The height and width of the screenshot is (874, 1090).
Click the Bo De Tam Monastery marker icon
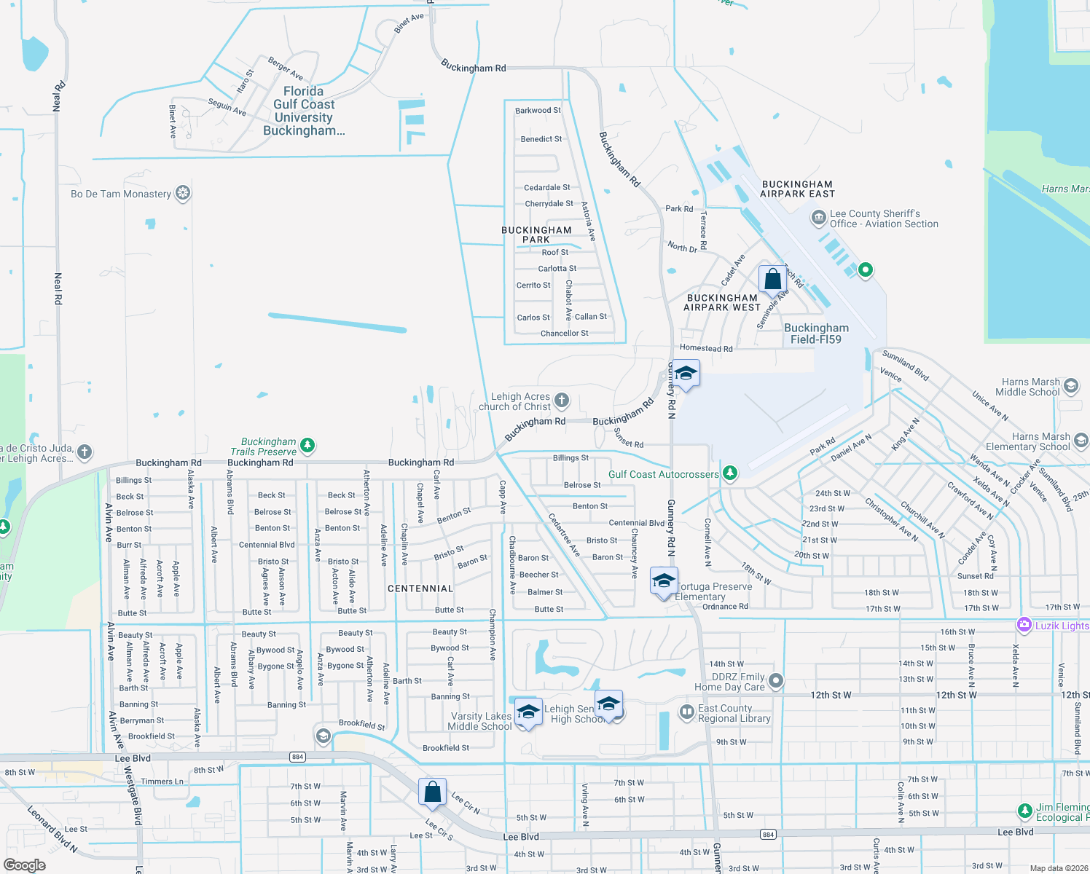183,193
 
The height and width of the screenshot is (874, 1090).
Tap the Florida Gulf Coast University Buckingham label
304,111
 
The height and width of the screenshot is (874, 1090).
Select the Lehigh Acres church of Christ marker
561,400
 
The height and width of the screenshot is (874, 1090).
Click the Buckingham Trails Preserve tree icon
307,444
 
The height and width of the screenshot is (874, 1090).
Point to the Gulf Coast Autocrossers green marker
729,473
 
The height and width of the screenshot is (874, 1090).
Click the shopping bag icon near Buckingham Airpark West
772,279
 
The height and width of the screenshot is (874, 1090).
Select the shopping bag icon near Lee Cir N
432,792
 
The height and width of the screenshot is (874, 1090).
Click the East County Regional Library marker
686,712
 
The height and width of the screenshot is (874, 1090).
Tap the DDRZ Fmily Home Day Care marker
776,680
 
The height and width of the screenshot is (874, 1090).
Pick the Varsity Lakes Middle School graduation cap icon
528,712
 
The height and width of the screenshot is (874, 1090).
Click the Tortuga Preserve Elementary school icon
664,581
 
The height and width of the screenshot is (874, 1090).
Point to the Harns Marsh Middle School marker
1070,385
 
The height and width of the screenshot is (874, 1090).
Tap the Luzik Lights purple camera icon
1024,625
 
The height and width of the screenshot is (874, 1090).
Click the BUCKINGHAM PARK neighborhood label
536,235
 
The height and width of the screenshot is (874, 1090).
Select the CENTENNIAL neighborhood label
420,588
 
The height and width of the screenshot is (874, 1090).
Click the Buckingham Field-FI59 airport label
816,334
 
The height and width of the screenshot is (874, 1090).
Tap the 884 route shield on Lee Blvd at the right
768,834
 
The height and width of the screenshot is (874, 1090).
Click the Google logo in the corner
25,865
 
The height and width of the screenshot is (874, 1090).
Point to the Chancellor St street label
564,334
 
